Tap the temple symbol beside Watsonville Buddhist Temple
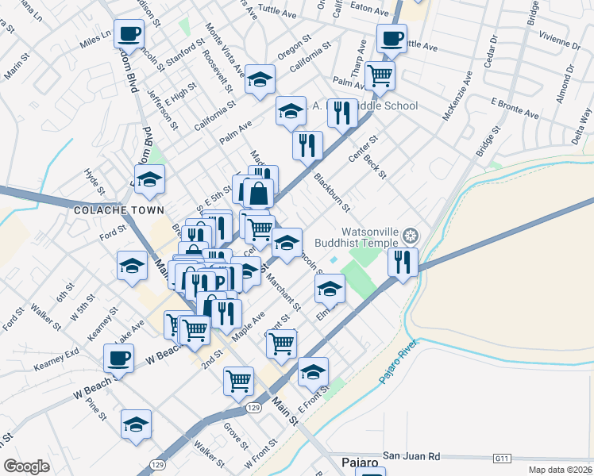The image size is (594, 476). (x=410, y=235)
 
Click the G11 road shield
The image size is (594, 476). (x=500, y=458)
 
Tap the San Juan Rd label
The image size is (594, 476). (x=411, y=456)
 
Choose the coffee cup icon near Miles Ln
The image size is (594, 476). (x=129, y=34)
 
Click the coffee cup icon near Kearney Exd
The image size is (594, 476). (x=118, y=358)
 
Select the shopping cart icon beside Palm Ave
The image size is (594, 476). (x=380, y=75)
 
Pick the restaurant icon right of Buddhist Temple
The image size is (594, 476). (x=403, y=261)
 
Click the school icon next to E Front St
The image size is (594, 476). (x=313, y=370)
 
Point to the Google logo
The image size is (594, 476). (x=26, y=466)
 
